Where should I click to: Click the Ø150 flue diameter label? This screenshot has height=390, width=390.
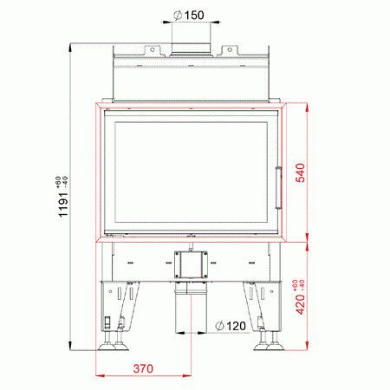[x=189, y=15]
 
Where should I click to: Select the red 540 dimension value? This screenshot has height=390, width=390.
[x=300, y=172]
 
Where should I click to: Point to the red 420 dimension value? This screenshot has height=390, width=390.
[x=301, y=304]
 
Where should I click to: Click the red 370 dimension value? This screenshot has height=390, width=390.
[x=143, y=368]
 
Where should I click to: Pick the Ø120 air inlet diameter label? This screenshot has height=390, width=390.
[x=231, y=326]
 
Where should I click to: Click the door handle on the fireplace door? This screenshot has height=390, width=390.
[x=278, y=187]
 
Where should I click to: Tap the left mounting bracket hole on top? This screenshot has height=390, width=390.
[x=153, y=50]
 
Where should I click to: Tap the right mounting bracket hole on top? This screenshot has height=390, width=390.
[x=230, y=50]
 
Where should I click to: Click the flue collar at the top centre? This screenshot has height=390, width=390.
[x=191, y=49]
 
